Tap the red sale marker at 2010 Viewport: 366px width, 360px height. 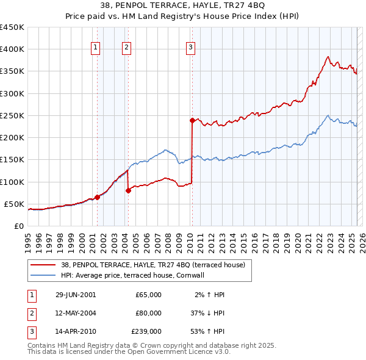click(192, 120)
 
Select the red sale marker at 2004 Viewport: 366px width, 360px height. click(129, 190)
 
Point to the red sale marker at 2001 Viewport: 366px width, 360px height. click(97, 197)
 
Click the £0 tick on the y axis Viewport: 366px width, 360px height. click(19, 226)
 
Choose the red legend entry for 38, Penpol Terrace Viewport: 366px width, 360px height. click(152, 265)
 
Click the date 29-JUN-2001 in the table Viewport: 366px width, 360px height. click(76, 295)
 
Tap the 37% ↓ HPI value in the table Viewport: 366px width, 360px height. click(207, 313)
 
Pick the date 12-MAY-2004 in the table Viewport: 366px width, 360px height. click(76, 313)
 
